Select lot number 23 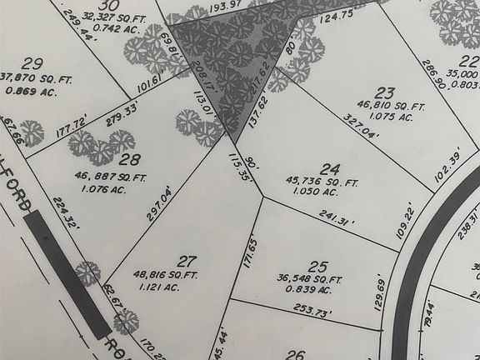coord(384,92)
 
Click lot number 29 coord(33,63)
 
